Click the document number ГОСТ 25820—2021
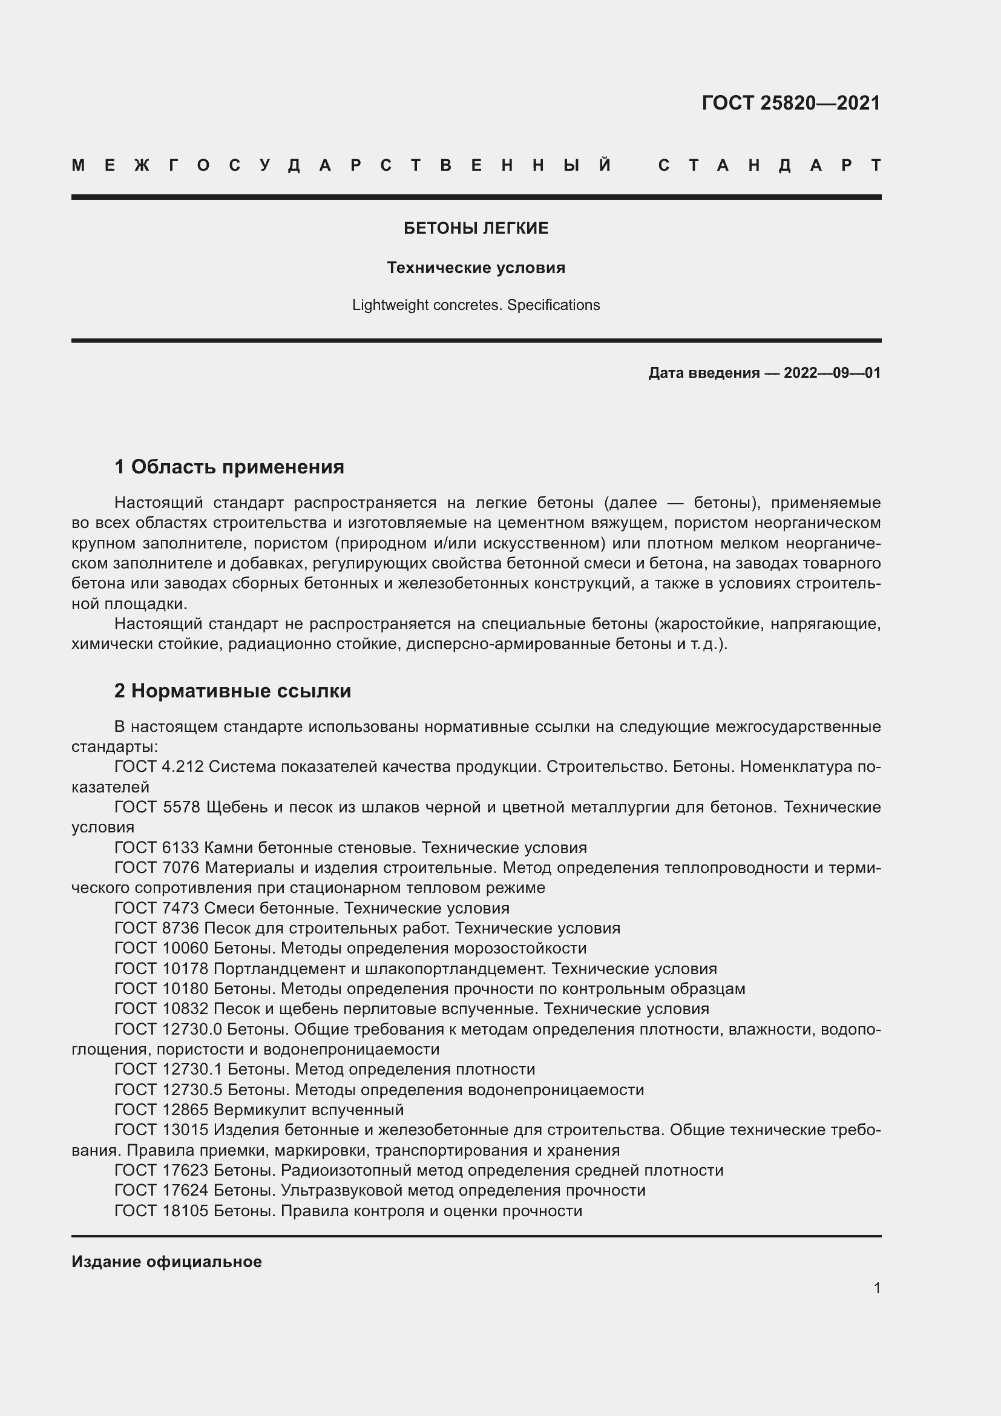point(791,102)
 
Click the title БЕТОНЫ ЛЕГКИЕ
point(476,228)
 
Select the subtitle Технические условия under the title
point(476,268)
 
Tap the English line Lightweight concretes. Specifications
point(476,305)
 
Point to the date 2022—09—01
point(832,372)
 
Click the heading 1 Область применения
point(229,467)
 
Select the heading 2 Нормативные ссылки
point(232,691)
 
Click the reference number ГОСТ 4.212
point(159,766)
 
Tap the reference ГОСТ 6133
point(157,848)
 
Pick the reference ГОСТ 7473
point(157,908)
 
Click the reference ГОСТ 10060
point(162,948)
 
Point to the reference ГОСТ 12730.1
point(168,1069)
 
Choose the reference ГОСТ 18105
point(162,1211)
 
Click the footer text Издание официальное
point(166,1262)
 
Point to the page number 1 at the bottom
point(876,1288)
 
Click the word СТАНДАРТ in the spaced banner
point(769,166)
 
